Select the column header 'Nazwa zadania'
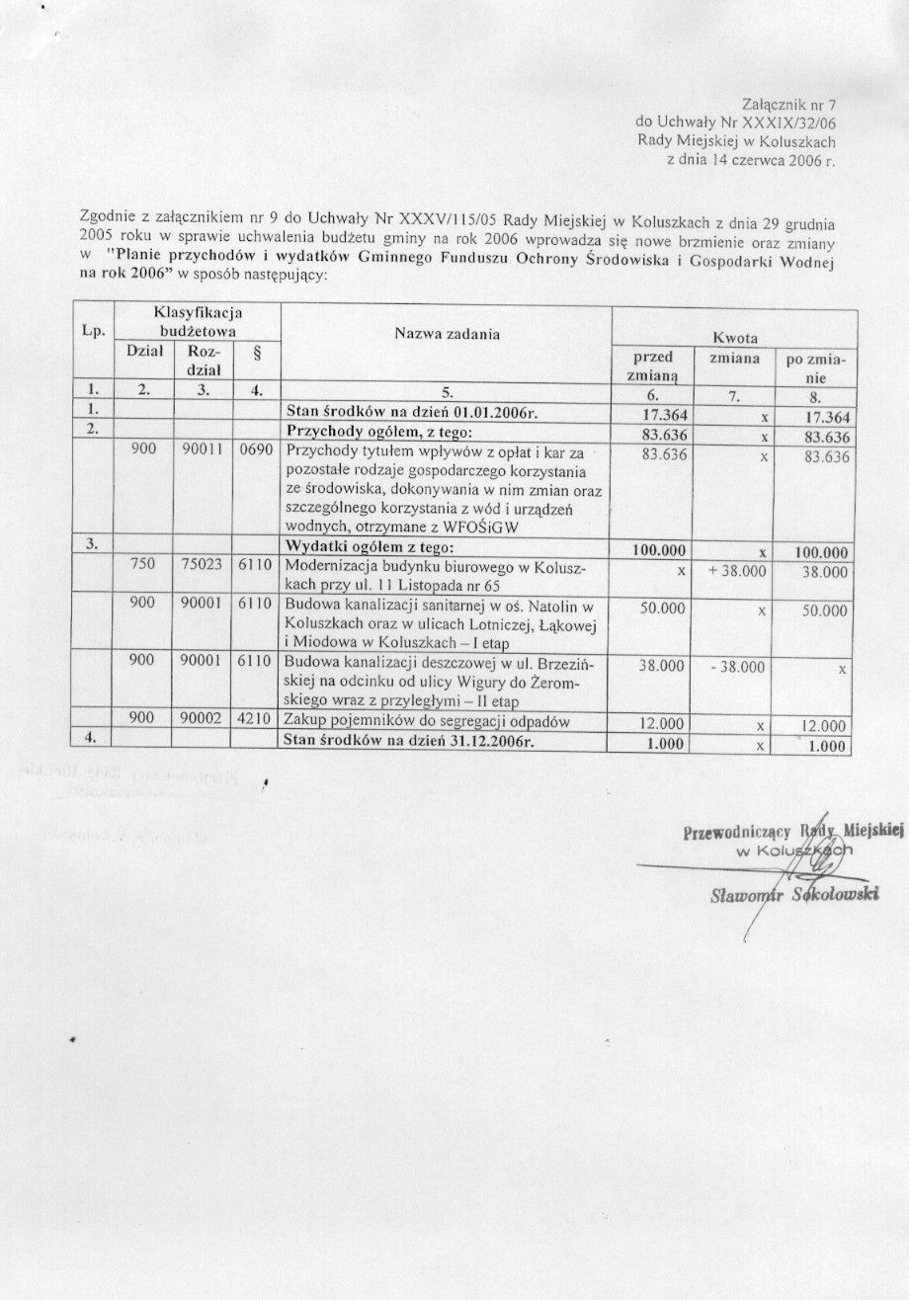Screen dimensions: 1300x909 click(447, 334)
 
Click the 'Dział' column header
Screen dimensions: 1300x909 click(144, 351)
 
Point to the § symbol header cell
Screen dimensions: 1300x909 click(257, 353)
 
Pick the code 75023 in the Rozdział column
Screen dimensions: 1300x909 click(205, 571)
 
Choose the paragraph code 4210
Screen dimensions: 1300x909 click(257, 723)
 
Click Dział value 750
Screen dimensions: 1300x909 click(144, 571)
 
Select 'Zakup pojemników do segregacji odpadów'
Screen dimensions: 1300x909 click(427, 723)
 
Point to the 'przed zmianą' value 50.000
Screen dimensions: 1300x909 click(663, 611)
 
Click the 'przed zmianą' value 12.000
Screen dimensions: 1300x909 click(663, 724)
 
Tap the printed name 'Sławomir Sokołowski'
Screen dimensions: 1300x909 click(795, 895)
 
